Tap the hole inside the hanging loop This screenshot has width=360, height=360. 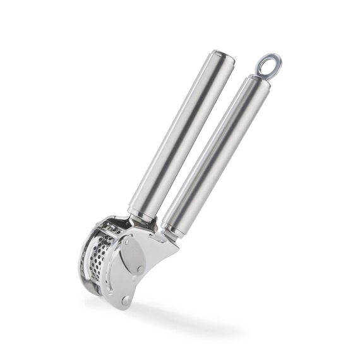267,64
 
